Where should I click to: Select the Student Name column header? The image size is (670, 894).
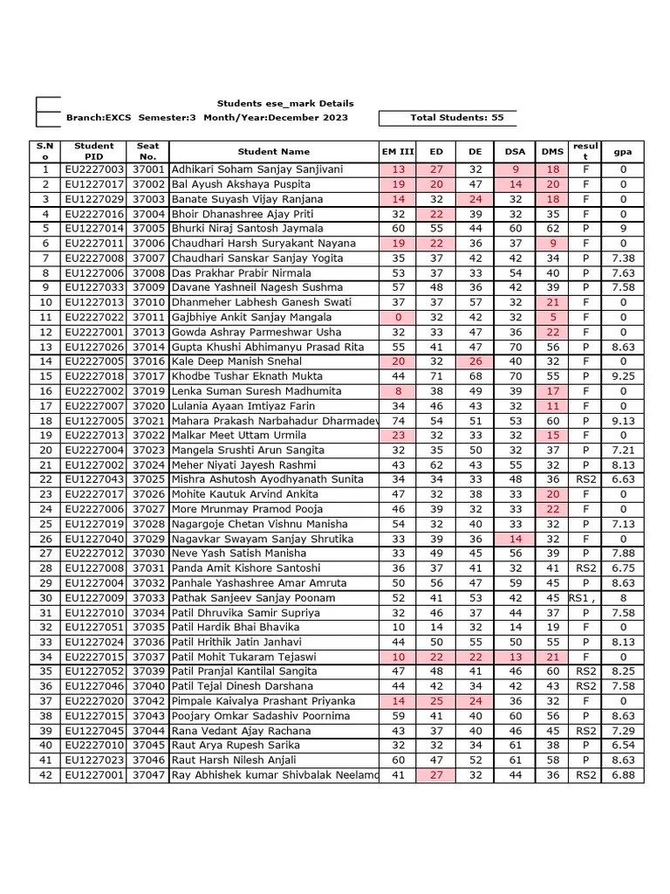pyautogui.click(x=273, y=152)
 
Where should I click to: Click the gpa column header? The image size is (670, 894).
pyautogui.click(x=623, y=152)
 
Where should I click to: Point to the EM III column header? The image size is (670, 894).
pyautogui.click(x=399, y=152)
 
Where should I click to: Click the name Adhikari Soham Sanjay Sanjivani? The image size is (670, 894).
pyautogui.click(x=257, y=169)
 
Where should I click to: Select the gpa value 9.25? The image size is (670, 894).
pyautogui.click(x=623, y=376)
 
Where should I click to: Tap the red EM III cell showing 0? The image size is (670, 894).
pyautogui.click(x=399, y=318)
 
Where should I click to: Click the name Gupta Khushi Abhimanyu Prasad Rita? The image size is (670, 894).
pyautogui.click(x=268, y=347)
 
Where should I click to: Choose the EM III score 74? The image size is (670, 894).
pyautogui.click(x=399, y=421)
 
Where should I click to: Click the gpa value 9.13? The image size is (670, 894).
pyautogui.click(x=623, y=421)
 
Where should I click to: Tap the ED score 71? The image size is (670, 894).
pyautogui.click(x=437, y=376)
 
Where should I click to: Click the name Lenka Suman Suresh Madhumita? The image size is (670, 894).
pyautogui.click(x=256, y=392)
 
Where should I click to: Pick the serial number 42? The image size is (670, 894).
pyautogui.click(x=45, y=776)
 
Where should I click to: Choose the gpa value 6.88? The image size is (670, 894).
pyautogui.click(x=623, y=776)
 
